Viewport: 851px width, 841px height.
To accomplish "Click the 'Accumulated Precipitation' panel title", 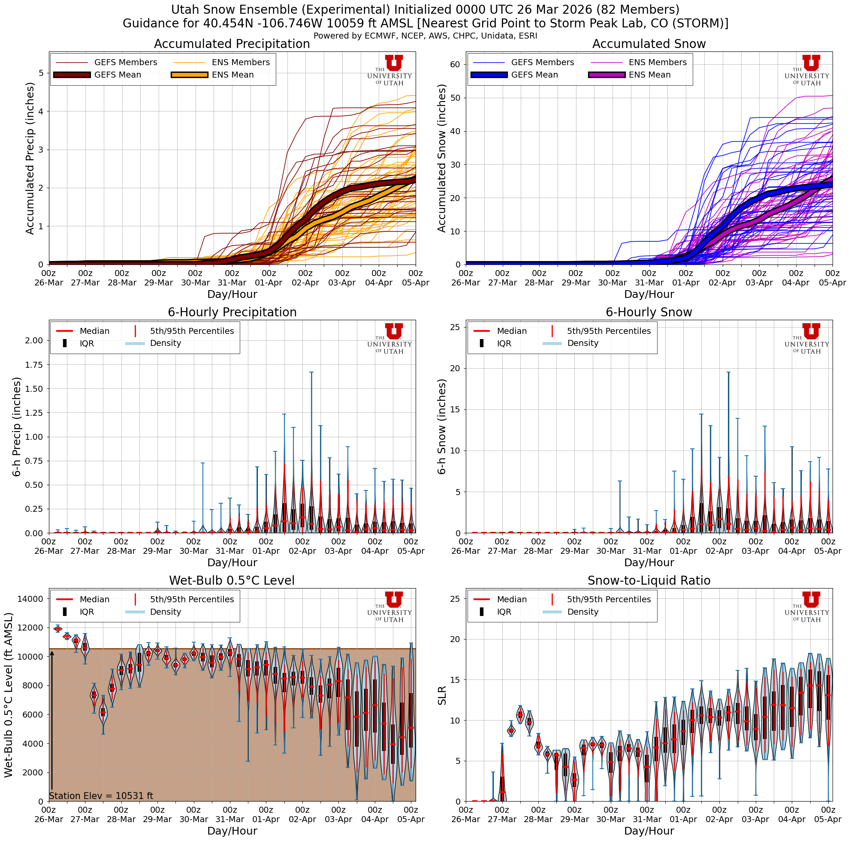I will point(232,44).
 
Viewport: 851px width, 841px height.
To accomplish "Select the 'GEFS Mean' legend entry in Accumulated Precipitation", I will point(118,75).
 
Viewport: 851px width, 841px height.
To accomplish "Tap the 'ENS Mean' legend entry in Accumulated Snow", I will point(649,75).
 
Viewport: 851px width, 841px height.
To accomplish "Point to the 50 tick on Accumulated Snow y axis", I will point(455,98).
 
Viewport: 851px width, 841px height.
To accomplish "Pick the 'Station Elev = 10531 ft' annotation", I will point(101,796).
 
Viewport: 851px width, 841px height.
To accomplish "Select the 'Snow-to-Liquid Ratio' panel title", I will point(649,580).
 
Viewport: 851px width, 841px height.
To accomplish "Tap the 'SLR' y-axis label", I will point(442,695).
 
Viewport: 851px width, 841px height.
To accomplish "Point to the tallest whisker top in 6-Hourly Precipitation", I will point(311,372).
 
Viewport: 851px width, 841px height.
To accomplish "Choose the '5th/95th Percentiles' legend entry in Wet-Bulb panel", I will point(192,599).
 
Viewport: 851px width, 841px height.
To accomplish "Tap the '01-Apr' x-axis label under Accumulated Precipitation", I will point(269,283).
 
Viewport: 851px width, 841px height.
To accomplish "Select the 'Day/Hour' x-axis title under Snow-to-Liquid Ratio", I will point(649,831).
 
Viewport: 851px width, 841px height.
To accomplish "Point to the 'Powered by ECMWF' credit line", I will point(425,36).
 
